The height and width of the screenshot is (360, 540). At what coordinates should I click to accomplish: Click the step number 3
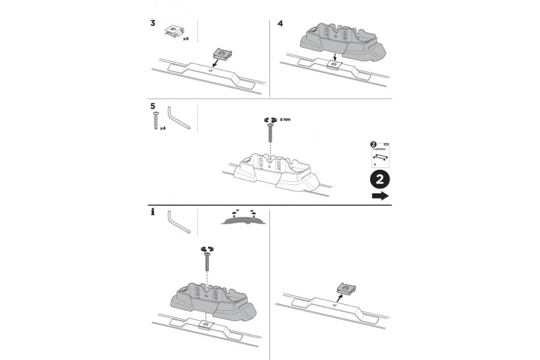(x=152, y=24)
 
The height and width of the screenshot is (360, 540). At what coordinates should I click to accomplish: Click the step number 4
(x=280, y=24)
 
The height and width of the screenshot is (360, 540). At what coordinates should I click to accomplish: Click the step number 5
(x=152, y=106)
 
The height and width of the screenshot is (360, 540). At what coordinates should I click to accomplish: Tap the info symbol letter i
(x=152, y=212)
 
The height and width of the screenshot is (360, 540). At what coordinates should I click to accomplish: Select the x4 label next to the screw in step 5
(x=163, y=128)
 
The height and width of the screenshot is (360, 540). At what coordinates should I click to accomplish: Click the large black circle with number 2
(x=379, y=179)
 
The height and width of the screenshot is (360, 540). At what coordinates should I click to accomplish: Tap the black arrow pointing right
(x=379, y=196)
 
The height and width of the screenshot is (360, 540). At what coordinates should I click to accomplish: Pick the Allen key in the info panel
(x=178, y=222)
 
